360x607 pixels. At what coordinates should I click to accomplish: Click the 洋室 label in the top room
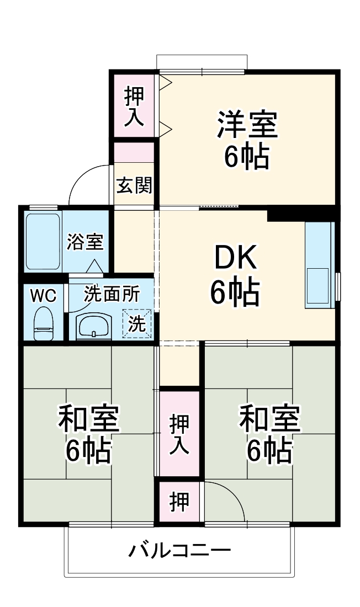tap(246, 125)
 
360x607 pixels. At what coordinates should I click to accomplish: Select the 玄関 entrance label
tap(134, 186)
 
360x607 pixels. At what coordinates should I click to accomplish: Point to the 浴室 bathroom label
tap(85, 242)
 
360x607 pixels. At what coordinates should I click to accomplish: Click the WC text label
tap(43, 296)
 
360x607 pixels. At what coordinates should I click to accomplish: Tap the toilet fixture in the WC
tap(43, 324)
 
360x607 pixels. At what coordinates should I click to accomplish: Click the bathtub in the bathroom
tap(43, 241)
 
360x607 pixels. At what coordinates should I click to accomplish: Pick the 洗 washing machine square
tap(137, 324)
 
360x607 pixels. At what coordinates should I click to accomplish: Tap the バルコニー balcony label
tap(180, 551)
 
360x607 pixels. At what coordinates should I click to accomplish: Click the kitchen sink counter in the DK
tap(320, 265)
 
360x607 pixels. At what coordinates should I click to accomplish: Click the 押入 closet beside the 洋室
tap(134, 106)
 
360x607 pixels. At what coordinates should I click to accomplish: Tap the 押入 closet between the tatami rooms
tap(179, 434)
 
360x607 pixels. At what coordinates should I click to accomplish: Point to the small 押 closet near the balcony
tap(179, 502)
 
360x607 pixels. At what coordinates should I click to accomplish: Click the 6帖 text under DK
tap(235, 292)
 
